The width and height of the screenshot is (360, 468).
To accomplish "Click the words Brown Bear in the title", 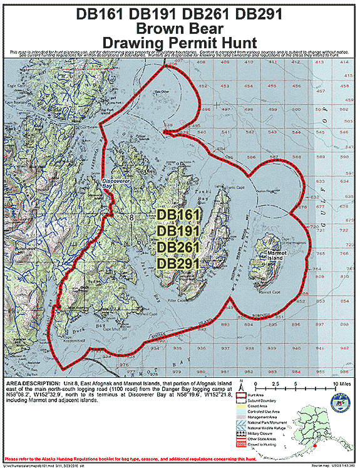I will tap(179, 28).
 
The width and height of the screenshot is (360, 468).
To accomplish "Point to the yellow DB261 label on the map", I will tap(178, 247).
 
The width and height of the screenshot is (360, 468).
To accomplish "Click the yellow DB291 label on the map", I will tap(178, 263).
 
